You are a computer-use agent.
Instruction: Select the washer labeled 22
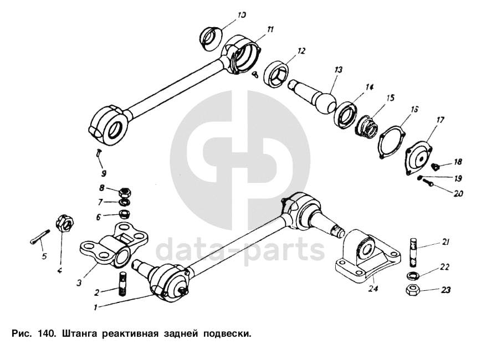pos(412,275)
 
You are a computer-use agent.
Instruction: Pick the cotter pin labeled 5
pos(36,239)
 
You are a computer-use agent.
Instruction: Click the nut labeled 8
pos(125,192)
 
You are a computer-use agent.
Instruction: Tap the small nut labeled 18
pos(434,164)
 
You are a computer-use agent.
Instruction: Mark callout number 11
pos(270,29)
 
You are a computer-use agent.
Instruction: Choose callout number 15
pos(390,98)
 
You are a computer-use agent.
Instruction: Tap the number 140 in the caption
pos(47,334)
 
